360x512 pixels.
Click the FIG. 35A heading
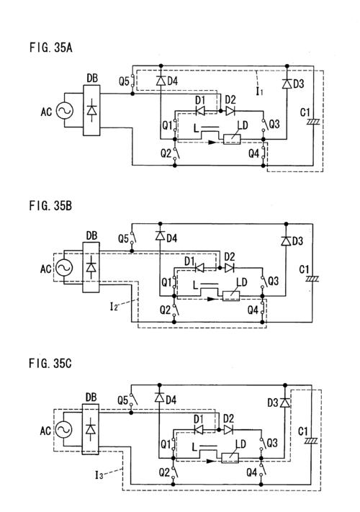pos(50,48)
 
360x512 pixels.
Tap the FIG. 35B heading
pos(50,206)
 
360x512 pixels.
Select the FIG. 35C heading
pos(50,363)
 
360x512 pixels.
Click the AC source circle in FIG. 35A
pos(64,110)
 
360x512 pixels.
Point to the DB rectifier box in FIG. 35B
pos(91,267)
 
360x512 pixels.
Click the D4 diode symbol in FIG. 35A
pos(161,81)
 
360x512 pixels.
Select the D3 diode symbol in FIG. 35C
pos(285,403)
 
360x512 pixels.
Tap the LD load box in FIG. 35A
pos(232,140)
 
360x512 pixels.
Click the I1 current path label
pos(259,91)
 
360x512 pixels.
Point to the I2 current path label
pos(114,307)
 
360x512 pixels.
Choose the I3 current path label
pos(99,475)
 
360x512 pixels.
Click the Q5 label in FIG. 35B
pos(123,238)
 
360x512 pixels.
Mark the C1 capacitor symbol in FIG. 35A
pos(313,122)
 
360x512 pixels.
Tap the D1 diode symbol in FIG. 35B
pos(199,268)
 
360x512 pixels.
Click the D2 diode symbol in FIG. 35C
pos(228,430)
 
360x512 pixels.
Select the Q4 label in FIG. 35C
pos(252,472)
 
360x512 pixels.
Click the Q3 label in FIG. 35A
pos(274,124)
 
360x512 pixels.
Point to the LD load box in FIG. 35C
pos(230,458)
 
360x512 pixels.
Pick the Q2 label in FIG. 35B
pos(165,310)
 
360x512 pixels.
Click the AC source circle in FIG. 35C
pos(63,430)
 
